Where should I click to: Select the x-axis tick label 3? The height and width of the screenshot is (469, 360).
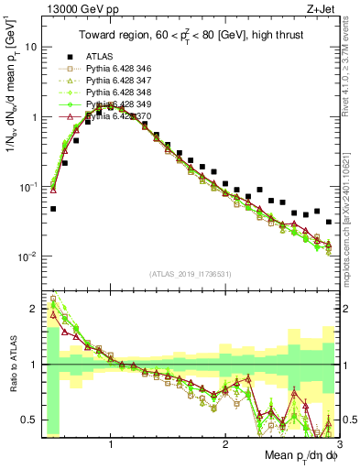pos(340,443)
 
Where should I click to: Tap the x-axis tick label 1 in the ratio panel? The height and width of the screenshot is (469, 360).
pos(111,443)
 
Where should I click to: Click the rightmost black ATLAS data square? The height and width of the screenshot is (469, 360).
pos(329,222)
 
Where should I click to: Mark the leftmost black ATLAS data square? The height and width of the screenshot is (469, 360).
pos(53,209)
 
